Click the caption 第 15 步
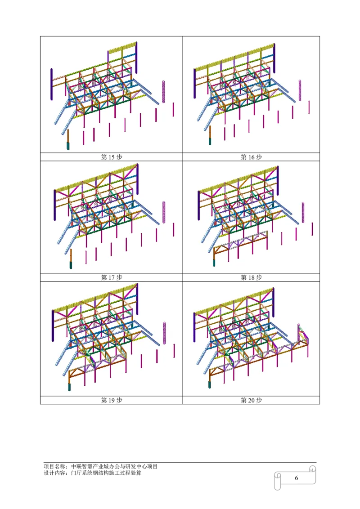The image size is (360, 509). (x=112, y=157)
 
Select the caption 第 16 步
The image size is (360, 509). (x=251, y=157)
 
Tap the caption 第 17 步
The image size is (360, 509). (x=112, y=277)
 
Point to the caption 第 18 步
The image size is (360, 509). (x=251, y=277)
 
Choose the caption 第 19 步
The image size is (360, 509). (x=112, y=400)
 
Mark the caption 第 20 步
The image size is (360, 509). (x=251, y=400)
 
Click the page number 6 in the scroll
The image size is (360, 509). (x=296, y=478)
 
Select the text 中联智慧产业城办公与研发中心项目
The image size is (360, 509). (x=114, y=466)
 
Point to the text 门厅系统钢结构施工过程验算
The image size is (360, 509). (x=106, y=473)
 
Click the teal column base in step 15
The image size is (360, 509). (x=68, y=146)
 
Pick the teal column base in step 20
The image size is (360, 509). (x=210, y=384)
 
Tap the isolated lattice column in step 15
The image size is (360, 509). (x=164, y=92)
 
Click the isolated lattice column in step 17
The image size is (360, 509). (x=164, y=212)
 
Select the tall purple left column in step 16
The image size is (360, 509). (x=194, y=83)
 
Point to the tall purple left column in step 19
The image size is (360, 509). (x=53, y=326)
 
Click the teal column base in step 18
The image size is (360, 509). (x=214, y=263)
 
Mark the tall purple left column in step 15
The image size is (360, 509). (x=52, y=84)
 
